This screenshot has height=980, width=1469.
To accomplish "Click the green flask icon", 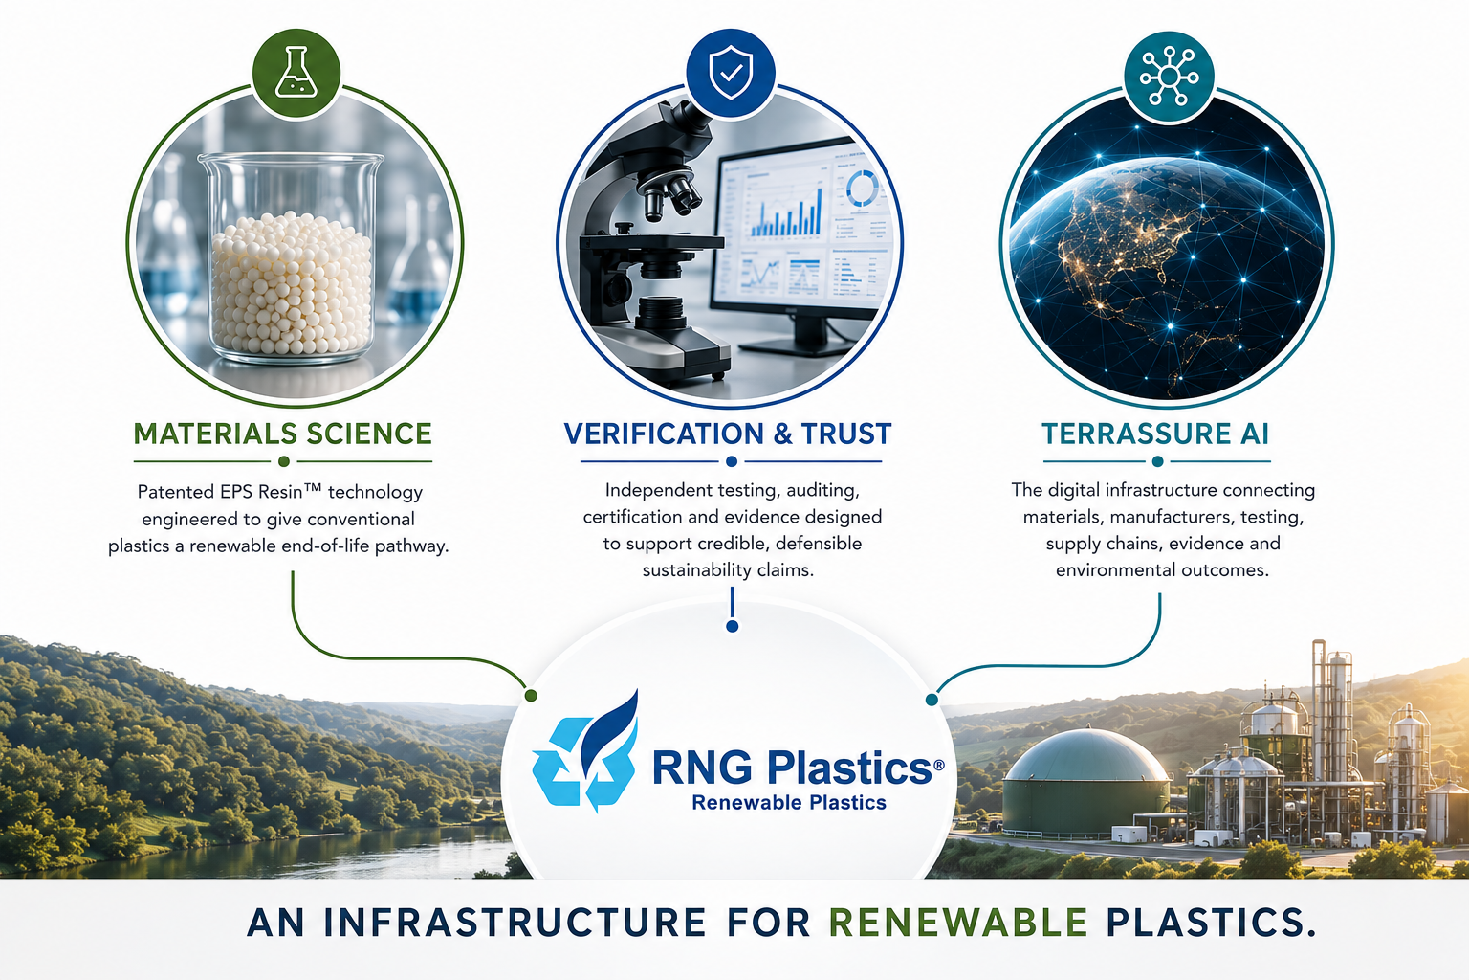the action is coord(296,72).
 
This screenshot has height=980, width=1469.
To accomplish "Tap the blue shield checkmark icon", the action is coord(731,72).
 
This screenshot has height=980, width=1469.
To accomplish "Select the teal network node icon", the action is coord(1169,77).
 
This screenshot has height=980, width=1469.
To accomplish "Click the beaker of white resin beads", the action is coord(291,257).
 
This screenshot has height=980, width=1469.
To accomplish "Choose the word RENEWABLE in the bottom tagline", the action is coord(959,923).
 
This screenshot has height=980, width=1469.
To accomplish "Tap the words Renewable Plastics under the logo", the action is coord(789,802).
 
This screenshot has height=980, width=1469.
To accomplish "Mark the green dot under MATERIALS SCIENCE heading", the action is coord(284,461).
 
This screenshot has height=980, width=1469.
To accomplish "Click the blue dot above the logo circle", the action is coord(733,626).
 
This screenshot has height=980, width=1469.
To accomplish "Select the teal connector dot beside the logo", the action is coord(932,700).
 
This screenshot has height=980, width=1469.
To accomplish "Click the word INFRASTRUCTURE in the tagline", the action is coord(515,923).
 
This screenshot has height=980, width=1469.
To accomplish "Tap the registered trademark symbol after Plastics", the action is coord(938,765).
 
